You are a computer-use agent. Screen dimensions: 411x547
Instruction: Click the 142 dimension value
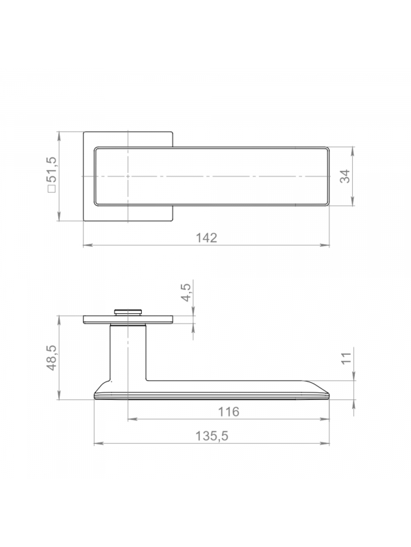pos(206,237)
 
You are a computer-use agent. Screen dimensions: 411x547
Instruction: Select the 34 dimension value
pos(345,176)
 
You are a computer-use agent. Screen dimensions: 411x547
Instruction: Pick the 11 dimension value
pos(346,358)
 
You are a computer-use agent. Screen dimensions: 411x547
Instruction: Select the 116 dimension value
pos(229,412)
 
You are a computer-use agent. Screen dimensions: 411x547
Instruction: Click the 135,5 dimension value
pos(212,436)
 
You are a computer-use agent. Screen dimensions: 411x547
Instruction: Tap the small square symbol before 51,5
pos(51,189)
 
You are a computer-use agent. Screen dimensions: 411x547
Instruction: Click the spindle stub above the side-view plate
pos(128,312)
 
